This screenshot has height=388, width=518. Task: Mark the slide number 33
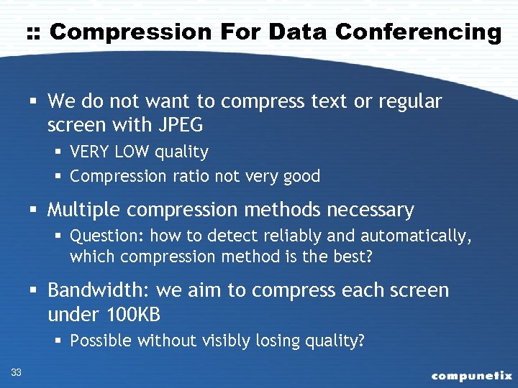pyautogui.click(x=17, y=371)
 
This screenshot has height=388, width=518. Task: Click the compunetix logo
pyautogui.click(x=471, y=375)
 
